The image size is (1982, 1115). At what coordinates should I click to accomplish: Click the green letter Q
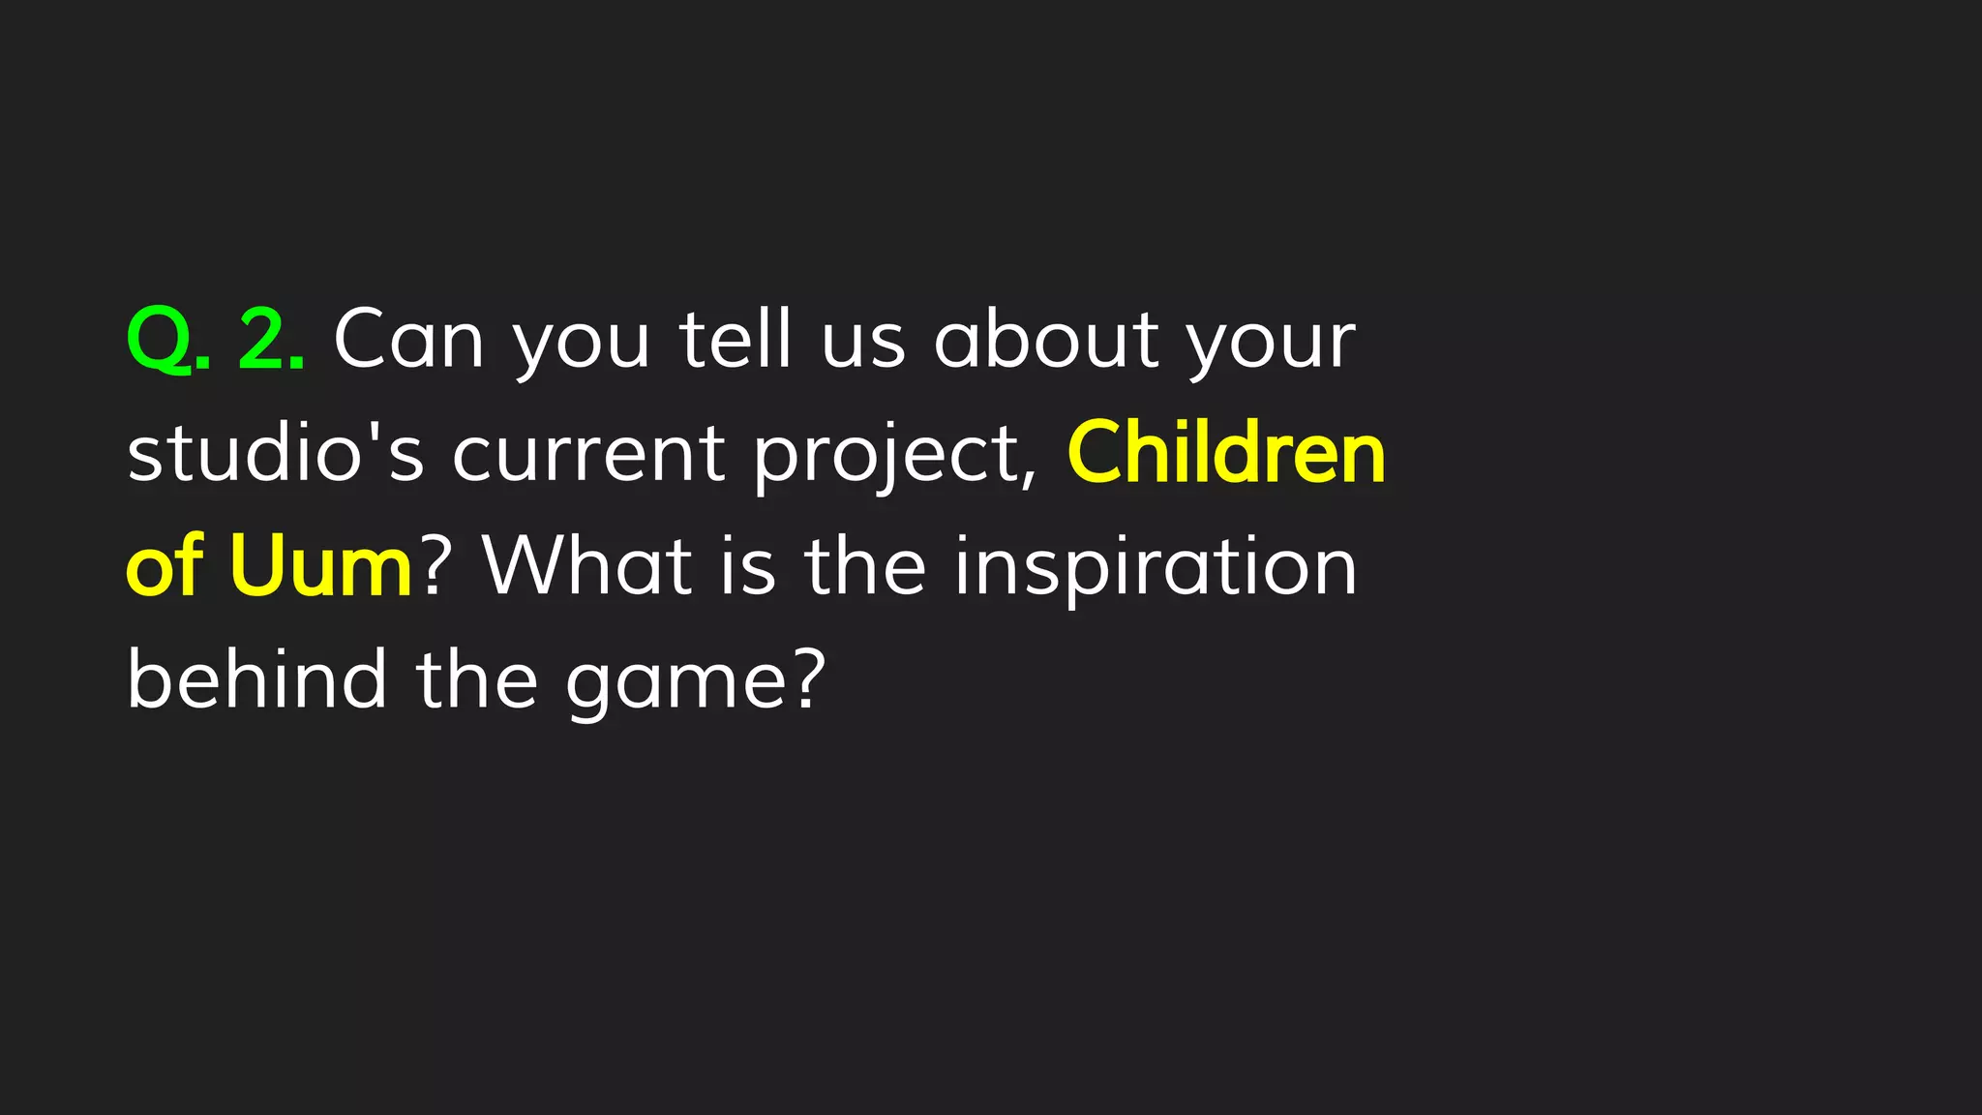[161, 340]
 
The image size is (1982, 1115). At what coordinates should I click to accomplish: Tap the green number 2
[264, 340]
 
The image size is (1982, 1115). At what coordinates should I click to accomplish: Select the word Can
[408, 340]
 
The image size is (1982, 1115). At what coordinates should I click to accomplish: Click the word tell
[736, 340]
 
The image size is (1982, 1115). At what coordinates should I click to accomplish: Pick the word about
[1046, 340]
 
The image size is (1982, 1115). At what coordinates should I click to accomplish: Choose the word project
[895, 457]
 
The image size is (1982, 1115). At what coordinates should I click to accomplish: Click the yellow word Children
[1226, 453]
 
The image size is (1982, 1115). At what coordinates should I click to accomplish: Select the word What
[587, 566]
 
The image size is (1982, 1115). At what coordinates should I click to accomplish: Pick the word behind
[257, 679]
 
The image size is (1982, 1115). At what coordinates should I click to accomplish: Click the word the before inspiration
[865, 566]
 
